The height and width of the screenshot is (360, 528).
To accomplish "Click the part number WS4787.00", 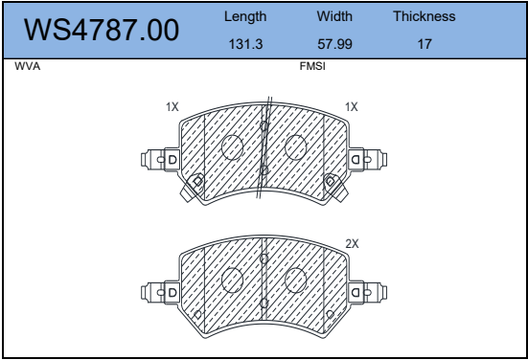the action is (102, 30).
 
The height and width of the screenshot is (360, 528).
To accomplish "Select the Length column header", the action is (245, 16).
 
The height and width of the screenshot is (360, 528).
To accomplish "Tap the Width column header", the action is (334, 16).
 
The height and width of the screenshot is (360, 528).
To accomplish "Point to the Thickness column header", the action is (425, 16).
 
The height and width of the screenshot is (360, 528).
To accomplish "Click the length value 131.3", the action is (245, 44).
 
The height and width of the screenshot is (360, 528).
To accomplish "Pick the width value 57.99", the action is (334, 44).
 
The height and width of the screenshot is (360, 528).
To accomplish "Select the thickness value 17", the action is (425, 44).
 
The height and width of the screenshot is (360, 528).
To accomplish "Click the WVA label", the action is (27, 66).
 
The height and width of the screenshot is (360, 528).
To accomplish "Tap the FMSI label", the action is (312, 66).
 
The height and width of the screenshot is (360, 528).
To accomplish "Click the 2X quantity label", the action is (352, 243).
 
